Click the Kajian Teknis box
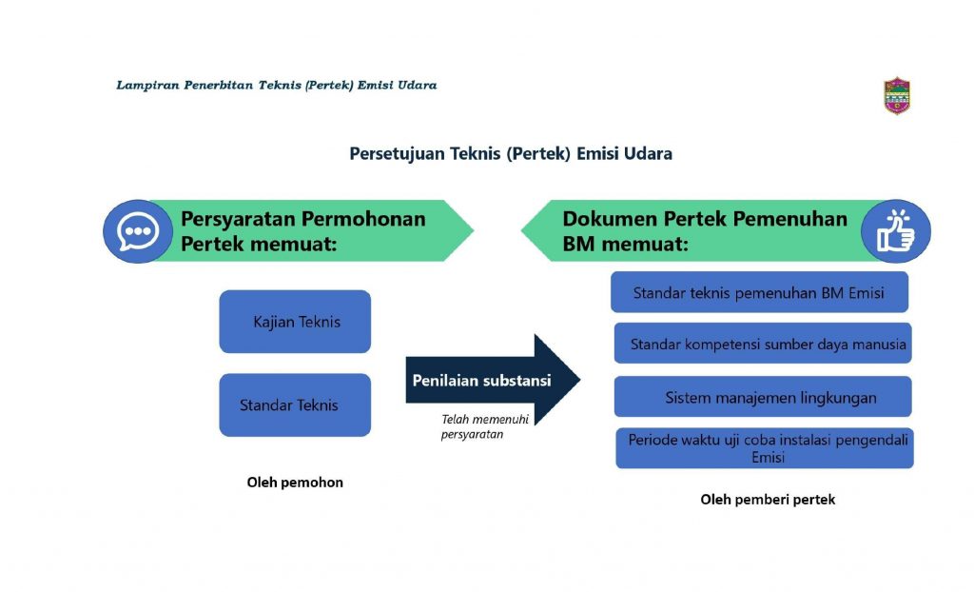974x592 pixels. coord(295,322)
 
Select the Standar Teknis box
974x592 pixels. coord(295,405)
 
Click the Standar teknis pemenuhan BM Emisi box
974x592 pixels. coord(759,291)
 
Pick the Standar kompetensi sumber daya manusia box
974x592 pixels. coord(763,343)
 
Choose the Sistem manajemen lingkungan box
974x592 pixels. coord(763,396)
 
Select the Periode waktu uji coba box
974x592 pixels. coord(765,447)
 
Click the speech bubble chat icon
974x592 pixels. coord(138,230)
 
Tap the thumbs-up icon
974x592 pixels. coord(896,230)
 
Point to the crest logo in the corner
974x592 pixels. coord(897,96)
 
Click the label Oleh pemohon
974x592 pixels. coord(295,482)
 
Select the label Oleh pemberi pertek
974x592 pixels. coord(768,500)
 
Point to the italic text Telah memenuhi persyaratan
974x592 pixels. coord(484,426)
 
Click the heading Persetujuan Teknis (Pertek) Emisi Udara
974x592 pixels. coord(511,153)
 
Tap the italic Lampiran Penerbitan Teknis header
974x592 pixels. coord(277,86)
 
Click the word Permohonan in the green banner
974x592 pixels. coord(364,219)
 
